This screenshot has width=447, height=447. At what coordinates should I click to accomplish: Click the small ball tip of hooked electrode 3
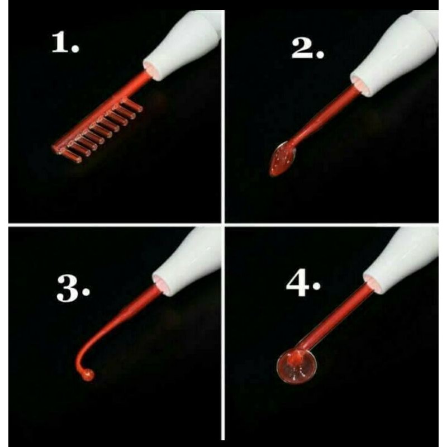pyautogui.click(x=88, y=375)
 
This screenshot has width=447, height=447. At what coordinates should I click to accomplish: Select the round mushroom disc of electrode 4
pyautogui.click(x=297, y=366)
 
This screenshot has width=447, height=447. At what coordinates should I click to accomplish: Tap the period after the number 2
pyautogui.click(x=320, y=55)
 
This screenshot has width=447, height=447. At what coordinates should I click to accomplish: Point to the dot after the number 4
pyautogui.click(x=317, y=286)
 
